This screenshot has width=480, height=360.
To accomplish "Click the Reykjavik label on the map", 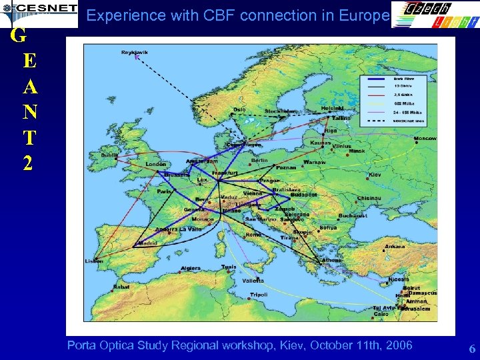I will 135,52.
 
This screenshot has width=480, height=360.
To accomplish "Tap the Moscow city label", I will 425,139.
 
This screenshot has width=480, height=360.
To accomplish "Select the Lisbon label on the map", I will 94,261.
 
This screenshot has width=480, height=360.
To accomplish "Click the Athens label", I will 332,260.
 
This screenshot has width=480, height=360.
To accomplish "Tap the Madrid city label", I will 147,243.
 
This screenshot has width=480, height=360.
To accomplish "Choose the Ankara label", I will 394,246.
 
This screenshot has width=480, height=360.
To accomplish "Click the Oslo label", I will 239,110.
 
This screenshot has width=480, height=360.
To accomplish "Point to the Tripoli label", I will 259,294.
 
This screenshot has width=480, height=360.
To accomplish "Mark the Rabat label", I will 121,287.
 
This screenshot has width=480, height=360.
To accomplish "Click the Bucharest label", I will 352,216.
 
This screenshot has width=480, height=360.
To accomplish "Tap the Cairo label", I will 381,313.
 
